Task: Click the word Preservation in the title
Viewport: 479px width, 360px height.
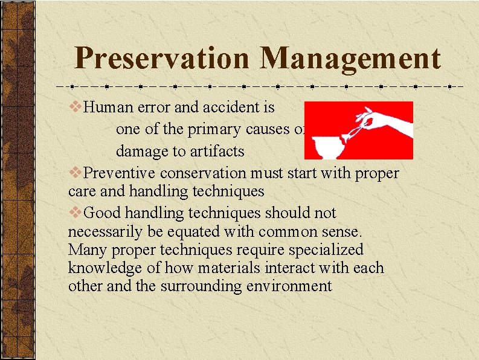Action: [x=161, y=59]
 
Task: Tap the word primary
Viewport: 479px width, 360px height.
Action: [x=215, y=130]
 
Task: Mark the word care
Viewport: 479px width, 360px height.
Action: [x=82, y=192]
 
